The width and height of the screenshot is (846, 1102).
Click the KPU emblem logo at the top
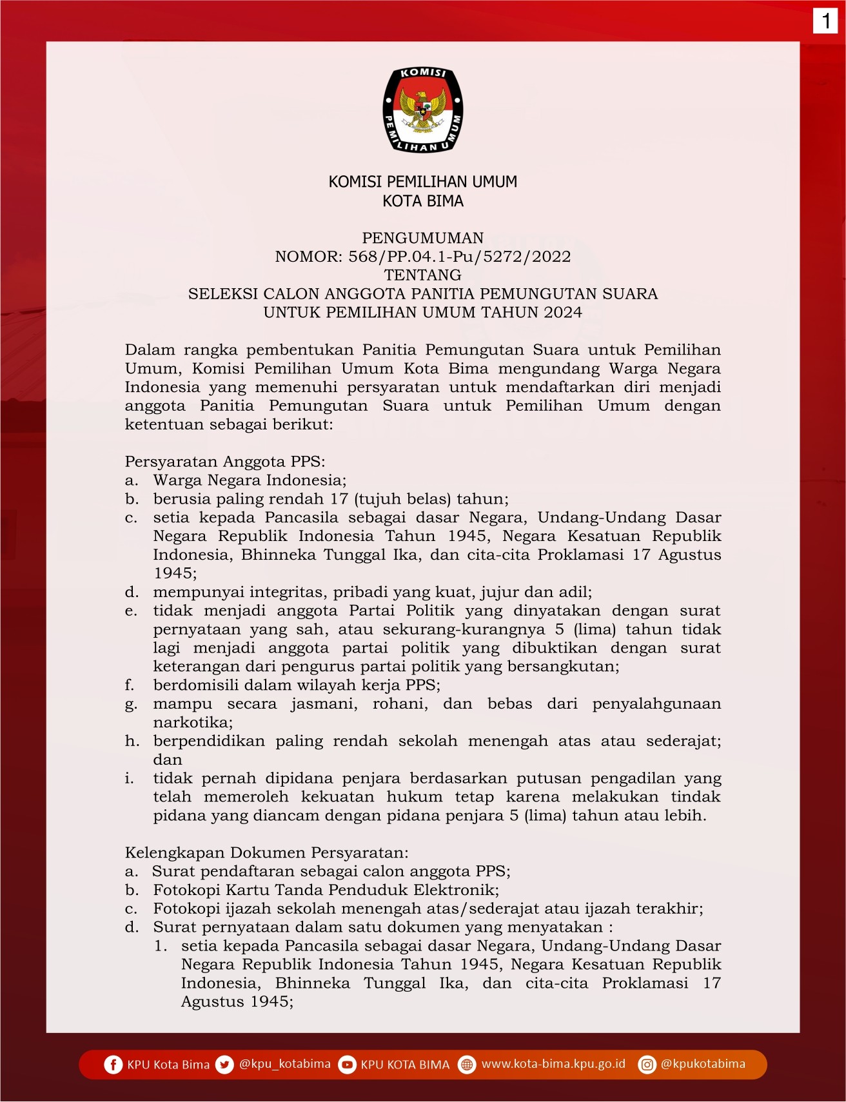[x=423, y=110]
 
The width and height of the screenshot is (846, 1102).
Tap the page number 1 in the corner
[x=825, y=21]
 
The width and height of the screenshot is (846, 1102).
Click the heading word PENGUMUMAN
[x=422, y=238]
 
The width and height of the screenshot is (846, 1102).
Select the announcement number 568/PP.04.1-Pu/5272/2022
[x=459, y=257]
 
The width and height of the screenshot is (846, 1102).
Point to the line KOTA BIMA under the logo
[x=423, y=201]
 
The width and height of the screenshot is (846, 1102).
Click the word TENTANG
[x=422, y=275]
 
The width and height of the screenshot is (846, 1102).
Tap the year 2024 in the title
[x=562, y=313]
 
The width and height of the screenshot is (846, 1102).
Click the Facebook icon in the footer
[x=113, y=1065]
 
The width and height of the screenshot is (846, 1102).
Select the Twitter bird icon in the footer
[x=224, y=1065]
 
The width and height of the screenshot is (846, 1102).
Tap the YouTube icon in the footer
[x=347, y=1065]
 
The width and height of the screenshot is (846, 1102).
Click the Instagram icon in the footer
[x=647, y=1065]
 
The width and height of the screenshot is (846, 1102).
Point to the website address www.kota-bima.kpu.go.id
[x=553, y=1064]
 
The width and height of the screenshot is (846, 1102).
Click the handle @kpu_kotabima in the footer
[x=284, y=1064]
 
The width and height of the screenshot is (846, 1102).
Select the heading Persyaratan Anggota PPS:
[x=225, y=462]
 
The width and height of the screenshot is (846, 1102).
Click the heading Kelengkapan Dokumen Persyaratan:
[x=266, y=853]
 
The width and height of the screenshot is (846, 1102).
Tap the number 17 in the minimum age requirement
[x=339, y=499]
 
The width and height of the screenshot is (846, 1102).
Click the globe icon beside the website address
[x=467, y=1065]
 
